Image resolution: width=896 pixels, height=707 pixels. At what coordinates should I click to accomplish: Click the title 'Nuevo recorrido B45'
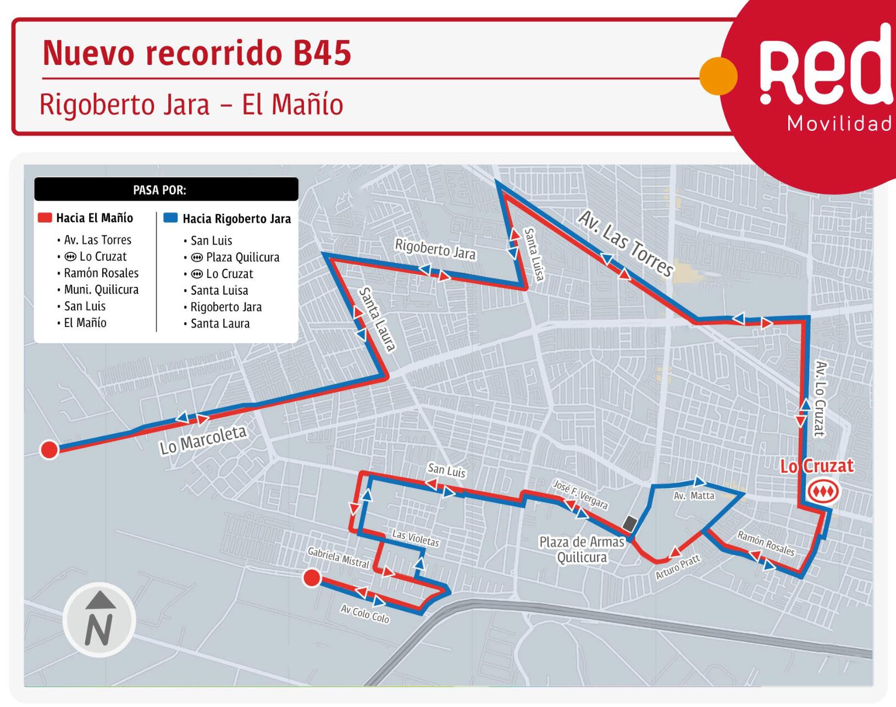(196, 53)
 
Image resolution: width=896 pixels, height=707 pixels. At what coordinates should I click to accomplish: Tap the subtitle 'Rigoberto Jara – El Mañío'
(191, 104)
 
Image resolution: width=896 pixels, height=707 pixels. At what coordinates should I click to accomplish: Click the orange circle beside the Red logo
(718, 76)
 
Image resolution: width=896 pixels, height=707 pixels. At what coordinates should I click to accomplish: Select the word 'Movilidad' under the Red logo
(839, 124)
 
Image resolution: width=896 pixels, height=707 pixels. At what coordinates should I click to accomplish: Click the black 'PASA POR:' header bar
(166, 190)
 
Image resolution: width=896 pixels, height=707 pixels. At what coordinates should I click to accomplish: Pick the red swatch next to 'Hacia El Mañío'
(45, 218)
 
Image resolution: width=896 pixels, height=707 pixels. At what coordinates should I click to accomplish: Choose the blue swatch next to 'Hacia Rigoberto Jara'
(170, 218)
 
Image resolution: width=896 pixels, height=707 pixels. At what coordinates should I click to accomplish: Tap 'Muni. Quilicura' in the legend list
(101, 290)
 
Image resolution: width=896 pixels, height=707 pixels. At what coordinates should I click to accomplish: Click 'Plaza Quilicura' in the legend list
(242, 257)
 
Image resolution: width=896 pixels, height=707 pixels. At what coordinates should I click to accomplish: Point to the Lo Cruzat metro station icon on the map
(823, 490)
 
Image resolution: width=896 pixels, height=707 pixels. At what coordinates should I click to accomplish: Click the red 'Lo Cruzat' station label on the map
(817, 466)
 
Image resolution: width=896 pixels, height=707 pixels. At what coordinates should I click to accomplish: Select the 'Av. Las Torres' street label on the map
(626, 244)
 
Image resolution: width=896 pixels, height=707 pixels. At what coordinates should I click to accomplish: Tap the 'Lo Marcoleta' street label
(203, 440)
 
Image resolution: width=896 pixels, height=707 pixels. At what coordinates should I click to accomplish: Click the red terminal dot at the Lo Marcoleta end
(49, 450)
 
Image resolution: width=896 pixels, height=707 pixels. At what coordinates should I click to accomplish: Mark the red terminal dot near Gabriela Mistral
(312, 578)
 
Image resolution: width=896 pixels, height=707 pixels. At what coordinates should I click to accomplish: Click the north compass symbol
(99, 620)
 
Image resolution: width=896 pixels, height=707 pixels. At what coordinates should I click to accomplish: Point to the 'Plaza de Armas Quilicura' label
(582, 550)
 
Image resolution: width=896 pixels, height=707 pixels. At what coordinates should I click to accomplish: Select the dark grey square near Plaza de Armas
(630, 523)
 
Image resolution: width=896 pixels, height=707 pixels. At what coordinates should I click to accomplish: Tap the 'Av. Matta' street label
(694, 496)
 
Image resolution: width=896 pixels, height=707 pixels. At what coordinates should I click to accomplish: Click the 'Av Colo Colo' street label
(364, 614)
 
